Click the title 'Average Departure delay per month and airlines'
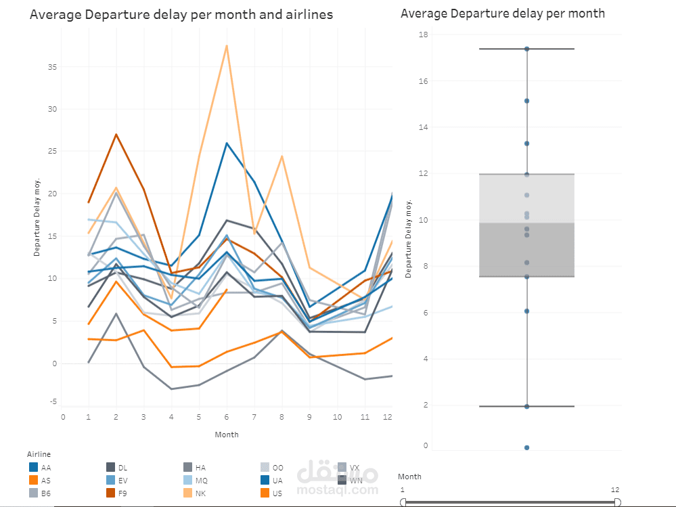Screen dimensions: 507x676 coord(181,14)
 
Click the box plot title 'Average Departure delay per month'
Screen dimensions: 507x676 coord(503,13)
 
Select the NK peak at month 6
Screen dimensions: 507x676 coord(227,45)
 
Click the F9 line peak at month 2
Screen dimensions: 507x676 coord(116,134)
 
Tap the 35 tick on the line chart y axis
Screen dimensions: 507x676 coord(52,67)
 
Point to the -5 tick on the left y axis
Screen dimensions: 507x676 coord(52,401)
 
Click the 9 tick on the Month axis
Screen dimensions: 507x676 coord(309,416)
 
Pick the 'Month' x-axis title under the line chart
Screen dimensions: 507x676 coord(227,435)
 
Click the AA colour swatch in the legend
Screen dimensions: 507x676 coord(33,467)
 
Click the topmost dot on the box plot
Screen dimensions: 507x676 coord(526,49)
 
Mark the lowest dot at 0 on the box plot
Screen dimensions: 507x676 coord(526,447)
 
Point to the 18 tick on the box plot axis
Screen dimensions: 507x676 coord(424,35)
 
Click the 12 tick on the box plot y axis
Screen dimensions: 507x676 coord(424,173)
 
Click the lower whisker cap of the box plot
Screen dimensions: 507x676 coord(526,406)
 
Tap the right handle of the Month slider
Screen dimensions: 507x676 coord(617,502)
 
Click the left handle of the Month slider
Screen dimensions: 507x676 coord(404,502)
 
